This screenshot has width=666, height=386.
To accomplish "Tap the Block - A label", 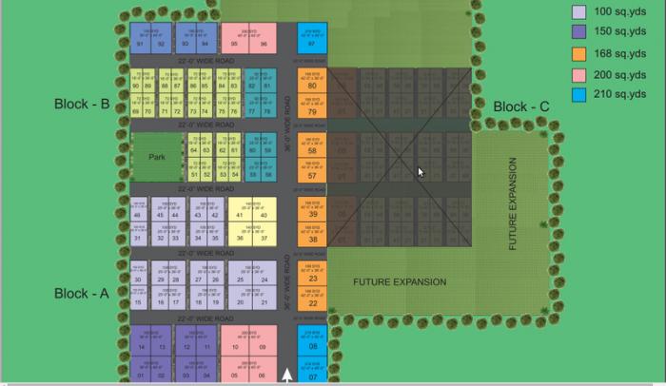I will pos(82,294).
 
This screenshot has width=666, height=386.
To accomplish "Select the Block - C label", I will pos(520,106).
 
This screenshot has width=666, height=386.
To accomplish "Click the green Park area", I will pos(157,159).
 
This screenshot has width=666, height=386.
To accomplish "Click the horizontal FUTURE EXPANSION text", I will pos(400,282).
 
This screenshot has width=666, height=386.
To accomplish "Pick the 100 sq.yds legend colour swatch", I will pos(578,12).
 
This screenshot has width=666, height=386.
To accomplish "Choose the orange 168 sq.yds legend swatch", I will pos(578,53).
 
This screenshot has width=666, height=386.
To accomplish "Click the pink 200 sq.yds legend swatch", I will pos(578,74).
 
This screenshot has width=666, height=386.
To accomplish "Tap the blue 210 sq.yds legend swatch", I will pos(578,94).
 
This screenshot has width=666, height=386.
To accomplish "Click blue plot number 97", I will pos(312,44).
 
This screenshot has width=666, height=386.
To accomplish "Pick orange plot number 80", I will pos(312,86).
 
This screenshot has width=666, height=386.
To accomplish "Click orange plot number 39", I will pos(312,215).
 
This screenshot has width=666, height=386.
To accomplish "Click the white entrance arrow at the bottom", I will pos(287,375).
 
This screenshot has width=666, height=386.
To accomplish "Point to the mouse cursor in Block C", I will pos(420,172).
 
